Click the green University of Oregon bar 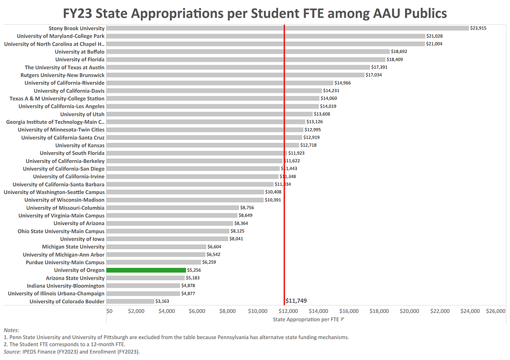(146, 271)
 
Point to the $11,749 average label (296, 301)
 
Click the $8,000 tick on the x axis (228, 311)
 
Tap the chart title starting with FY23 (254, 12)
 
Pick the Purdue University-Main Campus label (65, 262)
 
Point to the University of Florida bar (246, 59)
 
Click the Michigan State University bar (156, 247)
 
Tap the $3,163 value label (162, 302)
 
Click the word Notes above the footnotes (11, 330)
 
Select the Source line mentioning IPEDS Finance (72, 352)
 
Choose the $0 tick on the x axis (109, 311)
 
